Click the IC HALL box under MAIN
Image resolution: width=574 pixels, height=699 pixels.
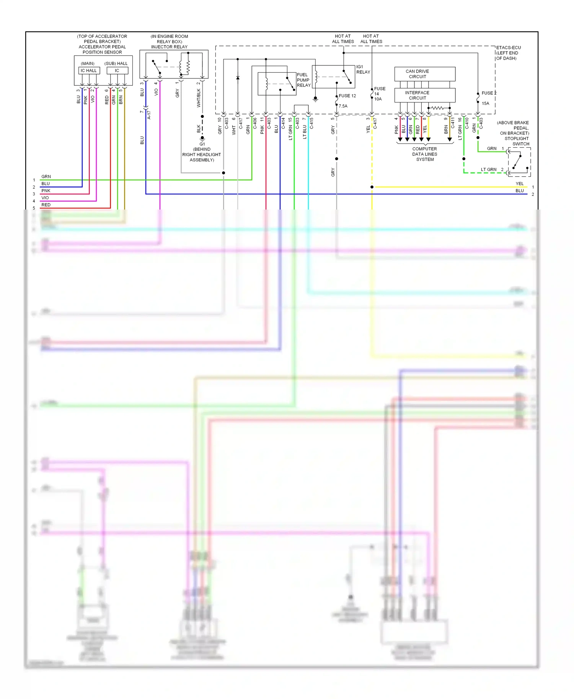pos(89,70)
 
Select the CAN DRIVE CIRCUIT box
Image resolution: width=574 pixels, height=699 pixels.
pos(425,74)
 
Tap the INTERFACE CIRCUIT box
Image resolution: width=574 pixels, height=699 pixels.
pos(425,95)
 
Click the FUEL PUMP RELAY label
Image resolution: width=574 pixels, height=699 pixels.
pos(303,80)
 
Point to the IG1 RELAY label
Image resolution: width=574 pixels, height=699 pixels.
pos(363,69)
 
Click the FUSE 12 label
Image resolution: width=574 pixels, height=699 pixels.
pos(347,96)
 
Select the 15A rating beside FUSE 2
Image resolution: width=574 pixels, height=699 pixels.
pos(485,103)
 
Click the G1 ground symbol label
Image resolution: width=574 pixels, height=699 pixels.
pos(202,144)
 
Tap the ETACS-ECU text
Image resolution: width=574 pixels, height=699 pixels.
pos(508,48)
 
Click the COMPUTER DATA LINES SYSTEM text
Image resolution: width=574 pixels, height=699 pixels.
pos(425,154)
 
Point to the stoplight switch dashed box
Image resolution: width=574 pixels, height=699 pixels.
pos(519,162)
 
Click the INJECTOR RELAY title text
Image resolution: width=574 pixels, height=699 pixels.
pos(169,47)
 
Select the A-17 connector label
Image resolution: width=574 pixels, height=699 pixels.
pos(149,115)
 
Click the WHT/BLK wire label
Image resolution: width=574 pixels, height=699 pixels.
pos(199,98)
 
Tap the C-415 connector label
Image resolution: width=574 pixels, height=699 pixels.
pos(311,123)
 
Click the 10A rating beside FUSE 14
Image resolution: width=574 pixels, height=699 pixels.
pos(378,99)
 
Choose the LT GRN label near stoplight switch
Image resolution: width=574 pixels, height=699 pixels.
pos(489,169)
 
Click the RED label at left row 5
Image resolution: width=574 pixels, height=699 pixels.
pos(46,205)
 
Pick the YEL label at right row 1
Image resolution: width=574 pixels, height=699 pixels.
pos(519,184)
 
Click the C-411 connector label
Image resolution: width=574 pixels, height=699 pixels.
pos(453,123)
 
